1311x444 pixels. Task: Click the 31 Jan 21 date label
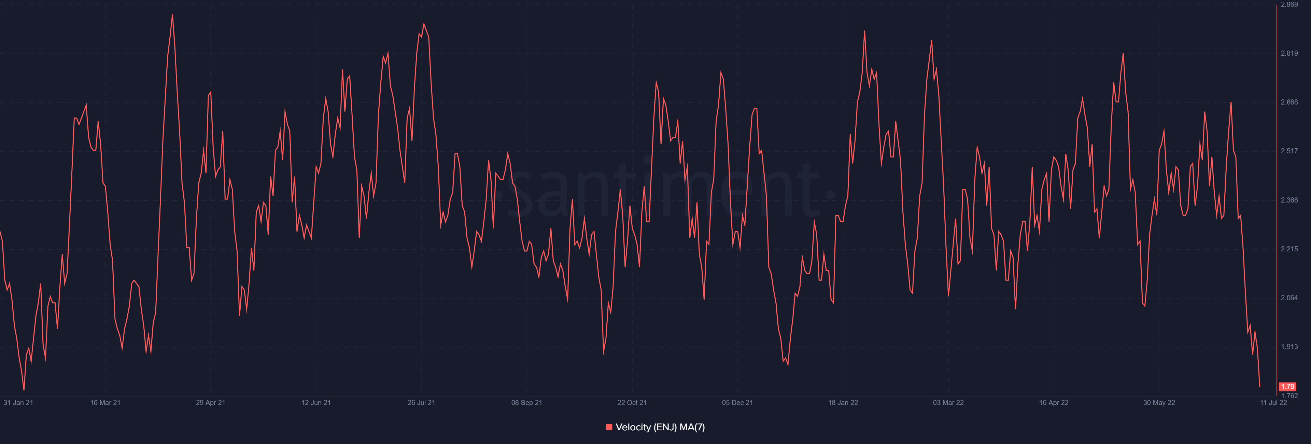click(x=18, y=403)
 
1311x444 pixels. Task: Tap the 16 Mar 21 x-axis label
click(x=105, y=403)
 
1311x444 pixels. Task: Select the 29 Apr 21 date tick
click(x=211, y=403)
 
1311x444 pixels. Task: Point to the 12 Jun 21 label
click(x=316, y=403)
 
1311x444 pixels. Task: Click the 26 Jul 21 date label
click(x=421, y=403)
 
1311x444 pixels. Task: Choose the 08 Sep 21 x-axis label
click(x=527, y=403)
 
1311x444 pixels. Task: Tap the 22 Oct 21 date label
click(x=632, y=403)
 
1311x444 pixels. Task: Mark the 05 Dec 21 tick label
click(x=737, y=403)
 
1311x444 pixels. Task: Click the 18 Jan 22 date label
click(x=843, y=403)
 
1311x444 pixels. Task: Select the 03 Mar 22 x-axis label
click(x=948, y=403)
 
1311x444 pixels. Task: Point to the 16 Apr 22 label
click(x=1054, y=403)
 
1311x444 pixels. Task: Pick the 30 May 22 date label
click(x=1159, y=403)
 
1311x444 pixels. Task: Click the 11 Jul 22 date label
click(x=1273, y=403)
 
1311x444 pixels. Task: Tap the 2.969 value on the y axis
click(x=1289, y=4)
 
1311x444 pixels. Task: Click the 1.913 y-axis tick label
click(x=1289, y=347)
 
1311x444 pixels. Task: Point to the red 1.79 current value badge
click(x=1287, y=387)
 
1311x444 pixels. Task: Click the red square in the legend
click(x=609, y=427)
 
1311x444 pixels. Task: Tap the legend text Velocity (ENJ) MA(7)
click(x=660, y=427)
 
